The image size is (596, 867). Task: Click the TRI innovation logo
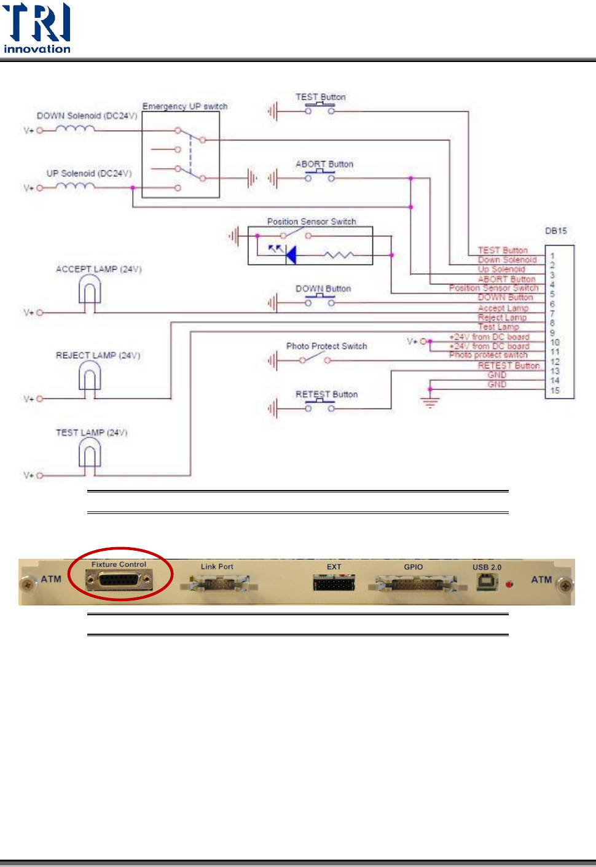coord(37,28)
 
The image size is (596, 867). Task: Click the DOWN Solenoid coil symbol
coord(75,129)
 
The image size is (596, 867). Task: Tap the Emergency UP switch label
coord(185,106)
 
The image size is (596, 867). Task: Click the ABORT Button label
coord(324,164)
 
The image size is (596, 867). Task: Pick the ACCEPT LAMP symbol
coord(90,290)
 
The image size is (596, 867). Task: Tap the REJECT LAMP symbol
coord(90,376)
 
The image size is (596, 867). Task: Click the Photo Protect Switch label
coord(326,346)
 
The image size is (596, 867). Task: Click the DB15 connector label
coord(555,231)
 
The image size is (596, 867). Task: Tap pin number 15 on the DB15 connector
coord(555,391)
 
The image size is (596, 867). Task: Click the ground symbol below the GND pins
coord(430,403)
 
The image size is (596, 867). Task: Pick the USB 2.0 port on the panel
coord(487,581)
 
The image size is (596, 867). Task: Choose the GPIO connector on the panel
coord(414,583)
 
